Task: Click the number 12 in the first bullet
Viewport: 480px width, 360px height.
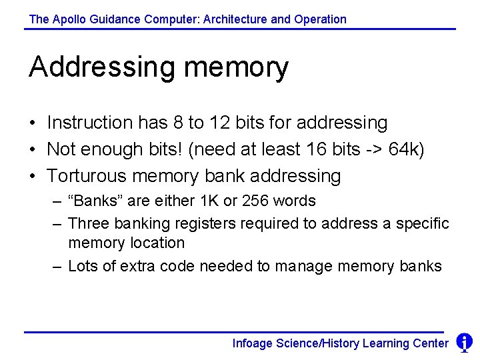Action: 220,123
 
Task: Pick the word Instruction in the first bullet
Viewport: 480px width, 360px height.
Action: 90,123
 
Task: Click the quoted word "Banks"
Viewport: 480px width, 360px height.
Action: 93,201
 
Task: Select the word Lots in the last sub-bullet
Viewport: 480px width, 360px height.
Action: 83,266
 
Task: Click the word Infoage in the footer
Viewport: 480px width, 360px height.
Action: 253,343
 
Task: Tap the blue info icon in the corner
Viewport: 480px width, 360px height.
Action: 464,343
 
